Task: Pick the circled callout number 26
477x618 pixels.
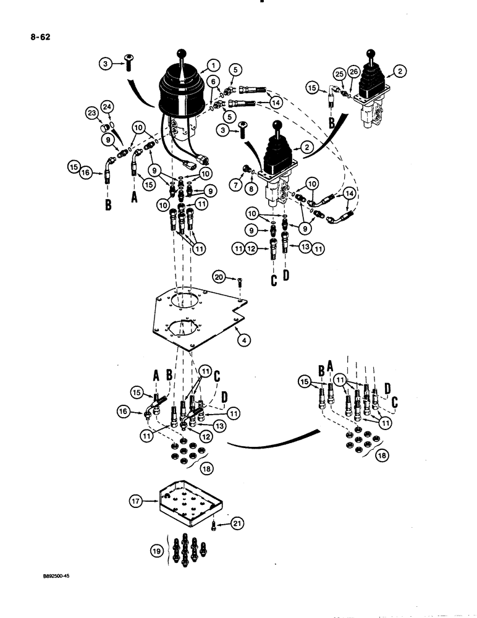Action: pos(353,72)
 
